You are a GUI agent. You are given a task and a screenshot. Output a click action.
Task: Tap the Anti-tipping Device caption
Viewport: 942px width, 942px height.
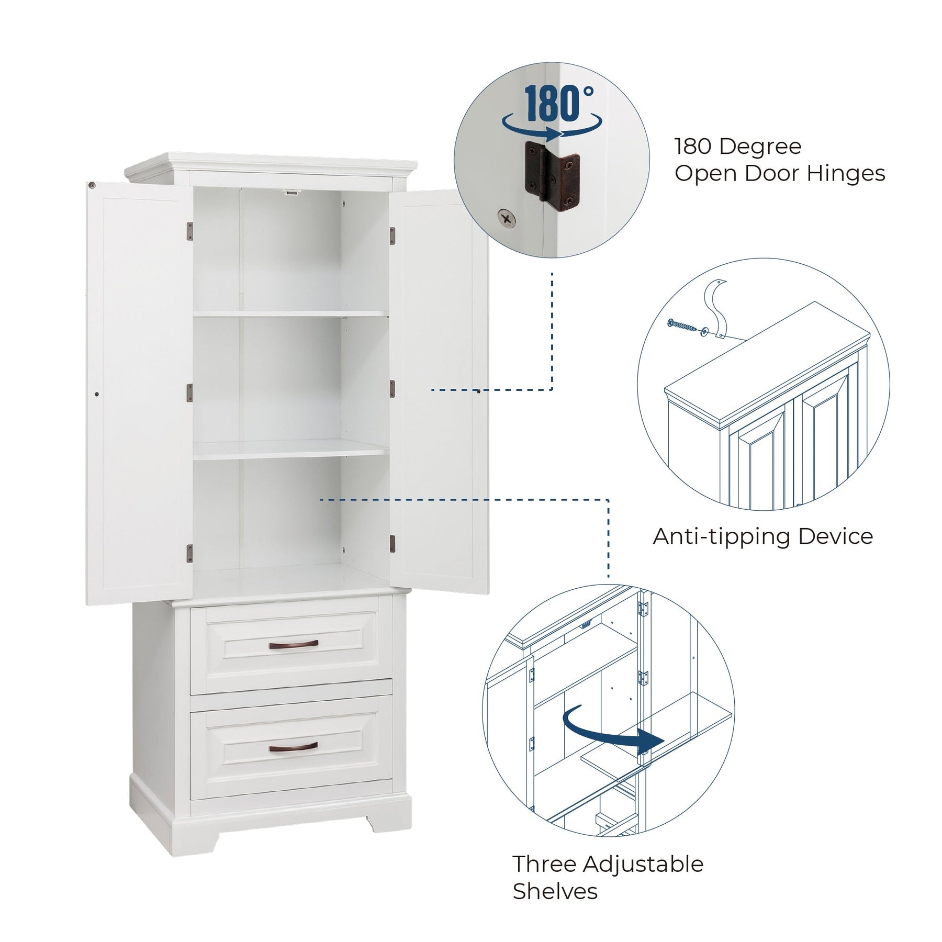(762, 536)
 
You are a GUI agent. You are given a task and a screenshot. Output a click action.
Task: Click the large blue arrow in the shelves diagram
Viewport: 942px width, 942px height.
(612, 730)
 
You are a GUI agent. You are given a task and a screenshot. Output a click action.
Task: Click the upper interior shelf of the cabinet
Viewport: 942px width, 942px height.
(290, 314)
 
